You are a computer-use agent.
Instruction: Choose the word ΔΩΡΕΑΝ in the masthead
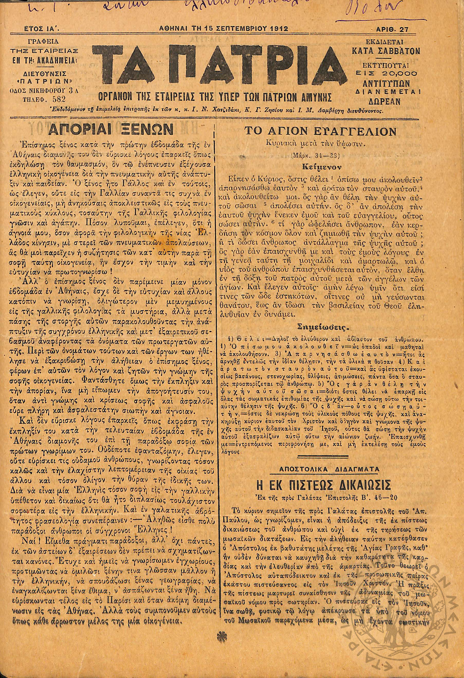(386, 101)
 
